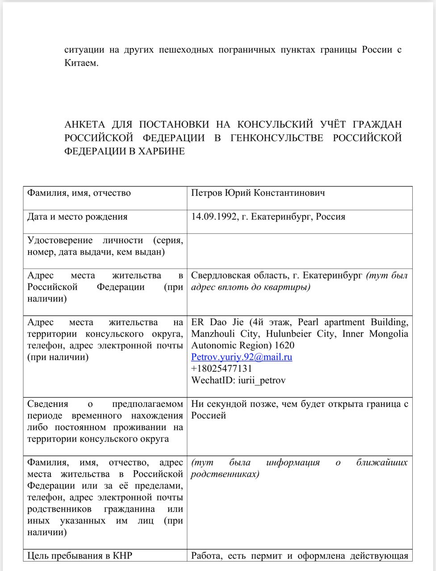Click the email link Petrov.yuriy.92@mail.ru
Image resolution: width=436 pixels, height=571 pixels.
[x=242, y=357]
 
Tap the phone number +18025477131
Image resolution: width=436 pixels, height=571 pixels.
[x=222, y=368]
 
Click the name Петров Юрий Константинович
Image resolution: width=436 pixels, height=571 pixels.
[x=258, y=193]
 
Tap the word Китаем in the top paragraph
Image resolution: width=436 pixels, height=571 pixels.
[x=81, y=63]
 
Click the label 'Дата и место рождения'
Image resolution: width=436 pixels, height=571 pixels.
[x=77, y=217]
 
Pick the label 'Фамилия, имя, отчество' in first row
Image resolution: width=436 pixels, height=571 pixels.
[x=79, y=193]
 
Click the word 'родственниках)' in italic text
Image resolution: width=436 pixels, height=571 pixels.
[x=225, y=474]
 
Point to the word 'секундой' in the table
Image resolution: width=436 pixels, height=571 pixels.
[x=225, y=404]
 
